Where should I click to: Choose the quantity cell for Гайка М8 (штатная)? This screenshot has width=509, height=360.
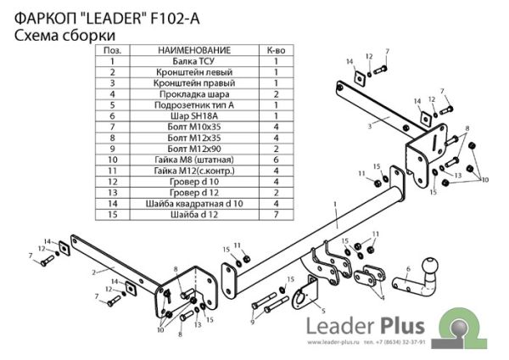point(276,159)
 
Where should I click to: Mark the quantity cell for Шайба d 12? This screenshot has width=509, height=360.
point(276,213)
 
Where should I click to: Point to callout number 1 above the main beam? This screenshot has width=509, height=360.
point(336,204)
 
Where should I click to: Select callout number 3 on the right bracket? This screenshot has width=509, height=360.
point(370,125)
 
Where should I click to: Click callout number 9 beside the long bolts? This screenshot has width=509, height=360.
point(252,322)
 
